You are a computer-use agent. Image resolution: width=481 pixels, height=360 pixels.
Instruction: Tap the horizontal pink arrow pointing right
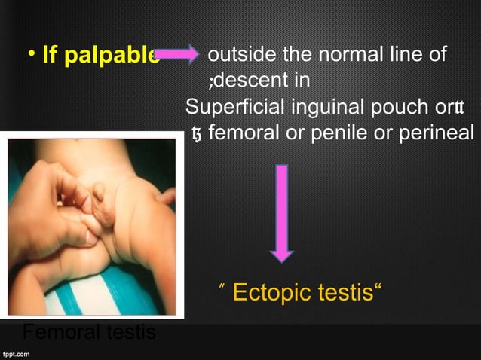[176, 55]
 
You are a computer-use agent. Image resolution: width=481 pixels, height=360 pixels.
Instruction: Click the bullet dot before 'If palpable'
[32, 54]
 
